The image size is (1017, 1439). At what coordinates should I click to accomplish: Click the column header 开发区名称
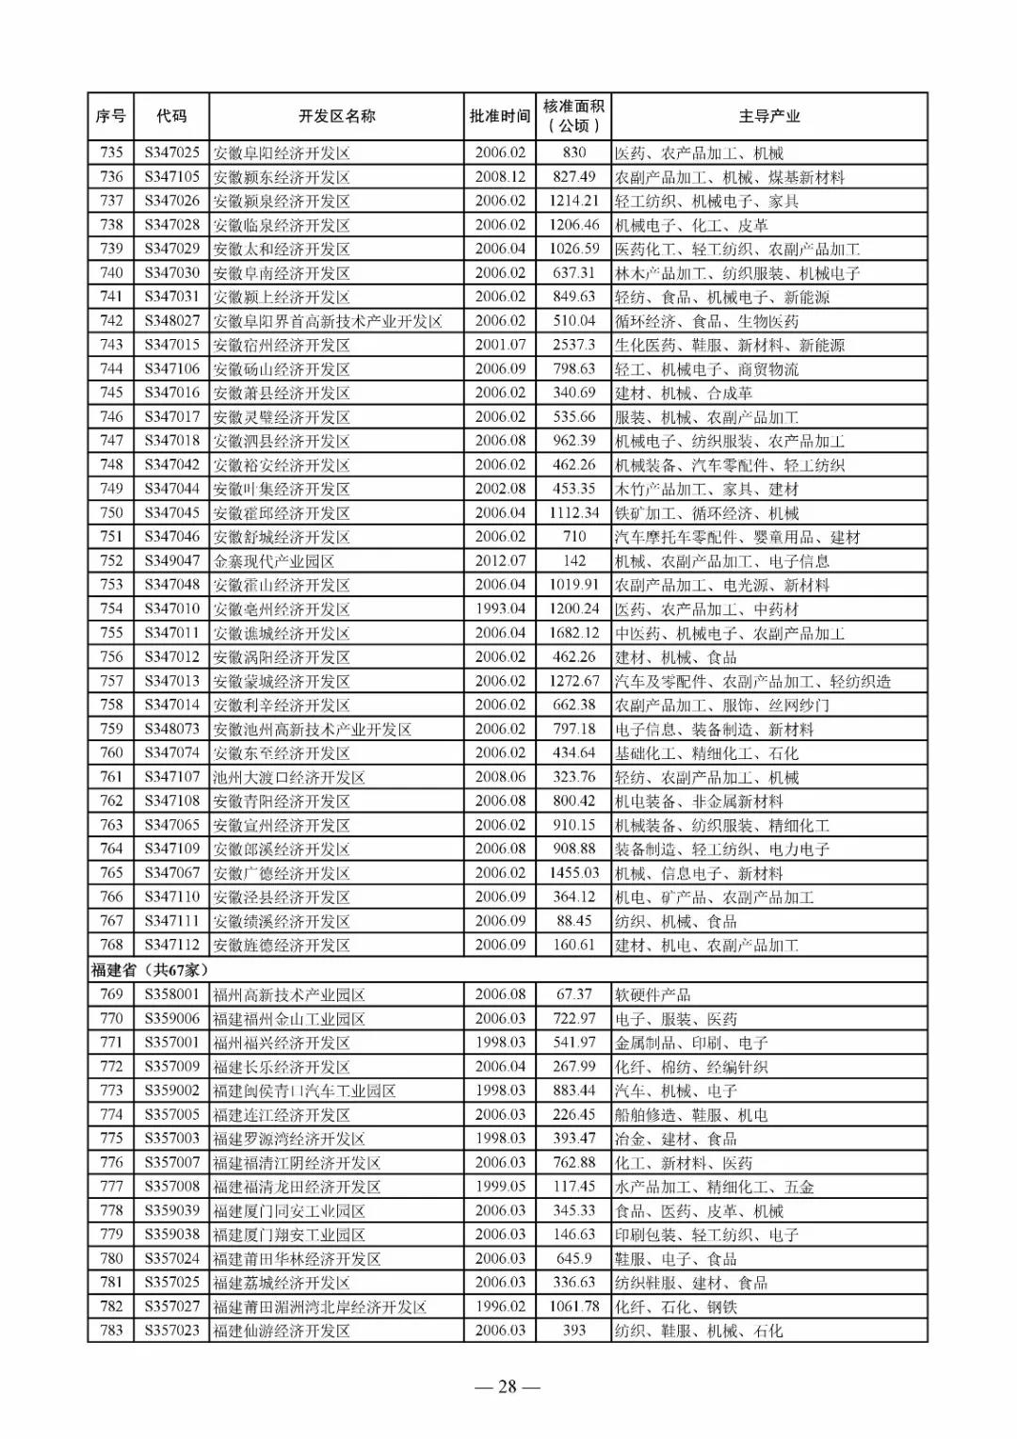coord(336,117)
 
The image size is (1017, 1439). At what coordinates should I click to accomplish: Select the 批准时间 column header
coord(500,117)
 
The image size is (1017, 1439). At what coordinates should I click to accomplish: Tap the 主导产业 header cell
coord(768,117)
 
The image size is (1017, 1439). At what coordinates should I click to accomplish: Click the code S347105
coord(172,177)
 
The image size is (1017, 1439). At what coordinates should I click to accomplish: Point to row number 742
coord(111,321)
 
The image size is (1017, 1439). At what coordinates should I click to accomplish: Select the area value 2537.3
coord(573,345)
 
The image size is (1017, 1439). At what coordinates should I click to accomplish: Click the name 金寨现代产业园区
coord(274,561)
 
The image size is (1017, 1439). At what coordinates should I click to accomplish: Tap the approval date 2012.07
coord(500,561)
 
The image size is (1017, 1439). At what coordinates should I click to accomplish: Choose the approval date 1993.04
coord(500,609)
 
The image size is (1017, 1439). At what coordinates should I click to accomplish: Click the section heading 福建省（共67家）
coord(150,970)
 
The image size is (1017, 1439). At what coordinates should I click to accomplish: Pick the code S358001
coord(172,994)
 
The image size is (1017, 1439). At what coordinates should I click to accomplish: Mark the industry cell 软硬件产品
coord(653,994)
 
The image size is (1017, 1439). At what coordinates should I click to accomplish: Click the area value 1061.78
coord(573,1307)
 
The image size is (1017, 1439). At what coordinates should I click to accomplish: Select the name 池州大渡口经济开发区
coord(289,778)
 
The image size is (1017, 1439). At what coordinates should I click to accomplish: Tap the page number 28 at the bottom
coord(508,1386)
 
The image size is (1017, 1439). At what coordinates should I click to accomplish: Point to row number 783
coord(111,1331)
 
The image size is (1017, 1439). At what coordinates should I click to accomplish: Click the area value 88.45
coord(573,921)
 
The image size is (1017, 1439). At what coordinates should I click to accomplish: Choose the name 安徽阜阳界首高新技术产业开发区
coord(328,321)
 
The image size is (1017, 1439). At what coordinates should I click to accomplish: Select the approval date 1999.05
coord(500,1187)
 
